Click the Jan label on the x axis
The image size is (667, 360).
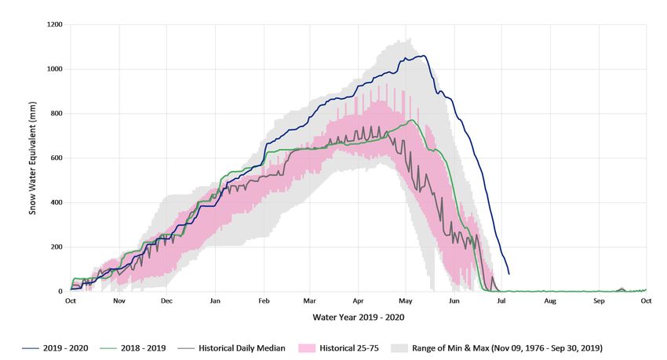(215, 301)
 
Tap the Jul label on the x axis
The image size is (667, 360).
(502, 301)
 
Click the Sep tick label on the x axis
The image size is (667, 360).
(599, 301)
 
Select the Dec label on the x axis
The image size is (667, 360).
(166, 301)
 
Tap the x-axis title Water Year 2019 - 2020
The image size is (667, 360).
(358, 318)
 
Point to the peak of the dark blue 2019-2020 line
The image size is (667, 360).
(423, 56)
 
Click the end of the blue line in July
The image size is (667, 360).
(509, 274)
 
